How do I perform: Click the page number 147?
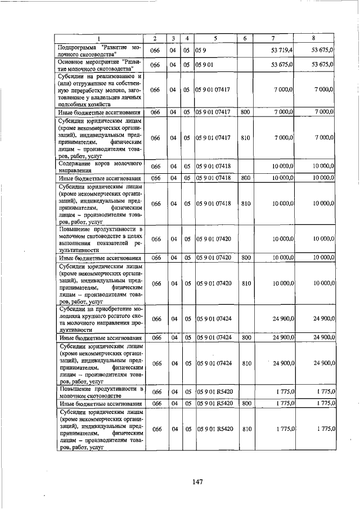[196, 481]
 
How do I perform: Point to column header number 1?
[99, 38]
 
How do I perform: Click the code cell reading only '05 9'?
[201, 51]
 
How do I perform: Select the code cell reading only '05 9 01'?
[205, 65]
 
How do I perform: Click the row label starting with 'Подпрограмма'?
[99, 51]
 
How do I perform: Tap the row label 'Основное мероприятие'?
[99, 65]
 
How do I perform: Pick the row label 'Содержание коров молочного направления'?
[99, 166]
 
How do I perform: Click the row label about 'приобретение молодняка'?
[99, 319]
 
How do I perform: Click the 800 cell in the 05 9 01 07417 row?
[245, 112]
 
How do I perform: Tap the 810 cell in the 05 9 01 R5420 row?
[245, 429]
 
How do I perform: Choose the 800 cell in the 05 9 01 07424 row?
[245, 338]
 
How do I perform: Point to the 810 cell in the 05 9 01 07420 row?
[245, 284]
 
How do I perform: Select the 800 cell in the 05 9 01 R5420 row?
[245, 403]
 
